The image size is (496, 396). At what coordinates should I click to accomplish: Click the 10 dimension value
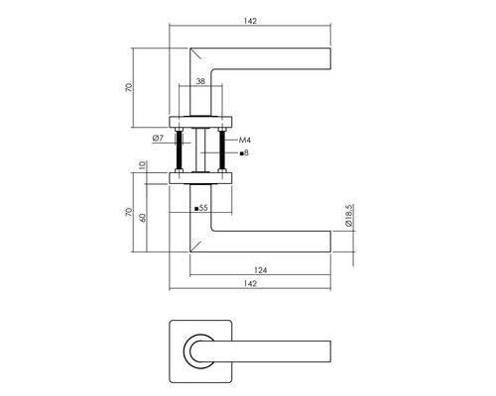[x=143, y=170]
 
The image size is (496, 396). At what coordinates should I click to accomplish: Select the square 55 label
[x=201, y=208]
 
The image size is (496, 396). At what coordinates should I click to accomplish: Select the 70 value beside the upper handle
[x=128, y=86]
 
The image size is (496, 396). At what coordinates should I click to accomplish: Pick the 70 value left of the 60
[x=128, y=212]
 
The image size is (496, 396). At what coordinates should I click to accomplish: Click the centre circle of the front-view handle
[x=201, y=350]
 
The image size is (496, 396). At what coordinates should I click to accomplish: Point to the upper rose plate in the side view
[x=201, y=122]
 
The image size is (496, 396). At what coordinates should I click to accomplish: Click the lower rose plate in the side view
[x=201, y=178]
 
